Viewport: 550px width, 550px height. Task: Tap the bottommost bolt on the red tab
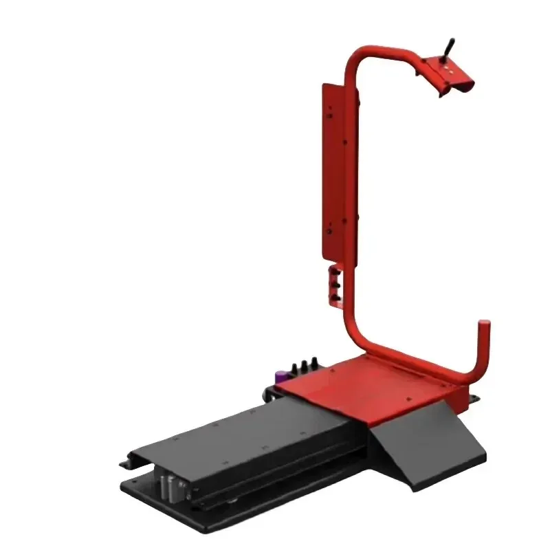pyautogui.click(x=337, y=292)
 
